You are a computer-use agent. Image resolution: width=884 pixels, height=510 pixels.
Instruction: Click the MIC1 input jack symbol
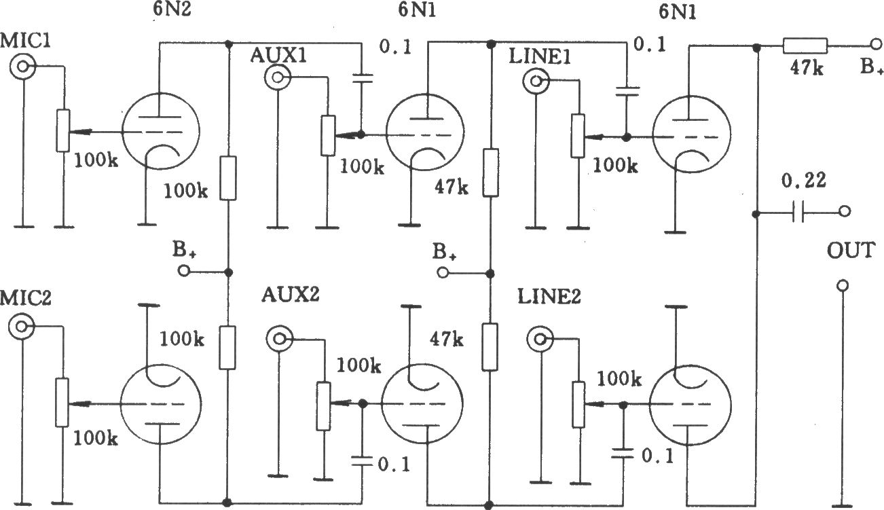point(23,67)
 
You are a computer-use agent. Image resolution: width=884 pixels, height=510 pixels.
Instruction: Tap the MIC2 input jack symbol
point(21,327)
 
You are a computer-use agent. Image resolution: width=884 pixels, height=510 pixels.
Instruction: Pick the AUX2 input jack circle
point(280,339)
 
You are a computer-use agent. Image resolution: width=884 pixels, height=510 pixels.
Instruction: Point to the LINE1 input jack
point(536,81)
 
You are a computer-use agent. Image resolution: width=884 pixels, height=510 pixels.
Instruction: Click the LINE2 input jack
point(540,339)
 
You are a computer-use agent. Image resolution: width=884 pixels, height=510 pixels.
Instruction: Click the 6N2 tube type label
point(172,9)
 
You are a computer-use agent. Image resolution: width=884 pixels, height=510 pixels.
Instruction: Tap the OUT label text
point(851,251)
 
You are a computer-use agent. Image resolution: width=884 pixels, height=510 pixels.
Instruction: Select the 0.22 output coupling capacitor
point(798,213)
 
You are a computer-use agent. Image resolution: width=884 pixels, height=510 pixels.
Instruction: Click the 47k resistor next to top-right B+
point(805,46)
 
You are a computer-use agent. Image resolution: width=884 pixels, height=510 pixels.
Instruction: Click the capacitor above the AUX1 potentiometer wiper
point(363,78)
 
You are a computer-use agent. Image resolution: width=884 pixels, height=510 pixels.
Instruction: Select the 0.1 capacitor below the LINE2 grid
point(623,453)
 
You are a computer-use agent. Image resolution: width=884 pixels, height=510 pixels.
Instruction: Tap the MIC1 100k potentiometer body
point(62,130)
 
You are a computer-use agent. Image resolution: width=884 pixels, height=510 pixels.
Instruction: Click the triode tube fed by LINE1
point(691,134)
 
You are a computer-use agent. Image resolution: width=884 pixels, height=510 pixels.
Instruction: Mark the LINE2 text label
point(549,297)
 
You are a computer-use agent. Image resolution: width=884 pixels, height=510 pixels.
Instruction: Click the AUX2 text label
point(290,295)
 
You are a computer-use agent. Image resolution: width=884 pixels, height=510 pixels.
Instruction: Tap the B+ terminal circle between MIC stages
point(184,271)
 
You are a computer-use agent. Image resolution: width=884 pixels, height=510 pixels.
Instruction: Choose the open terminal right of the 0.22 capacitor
point(844,212)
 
